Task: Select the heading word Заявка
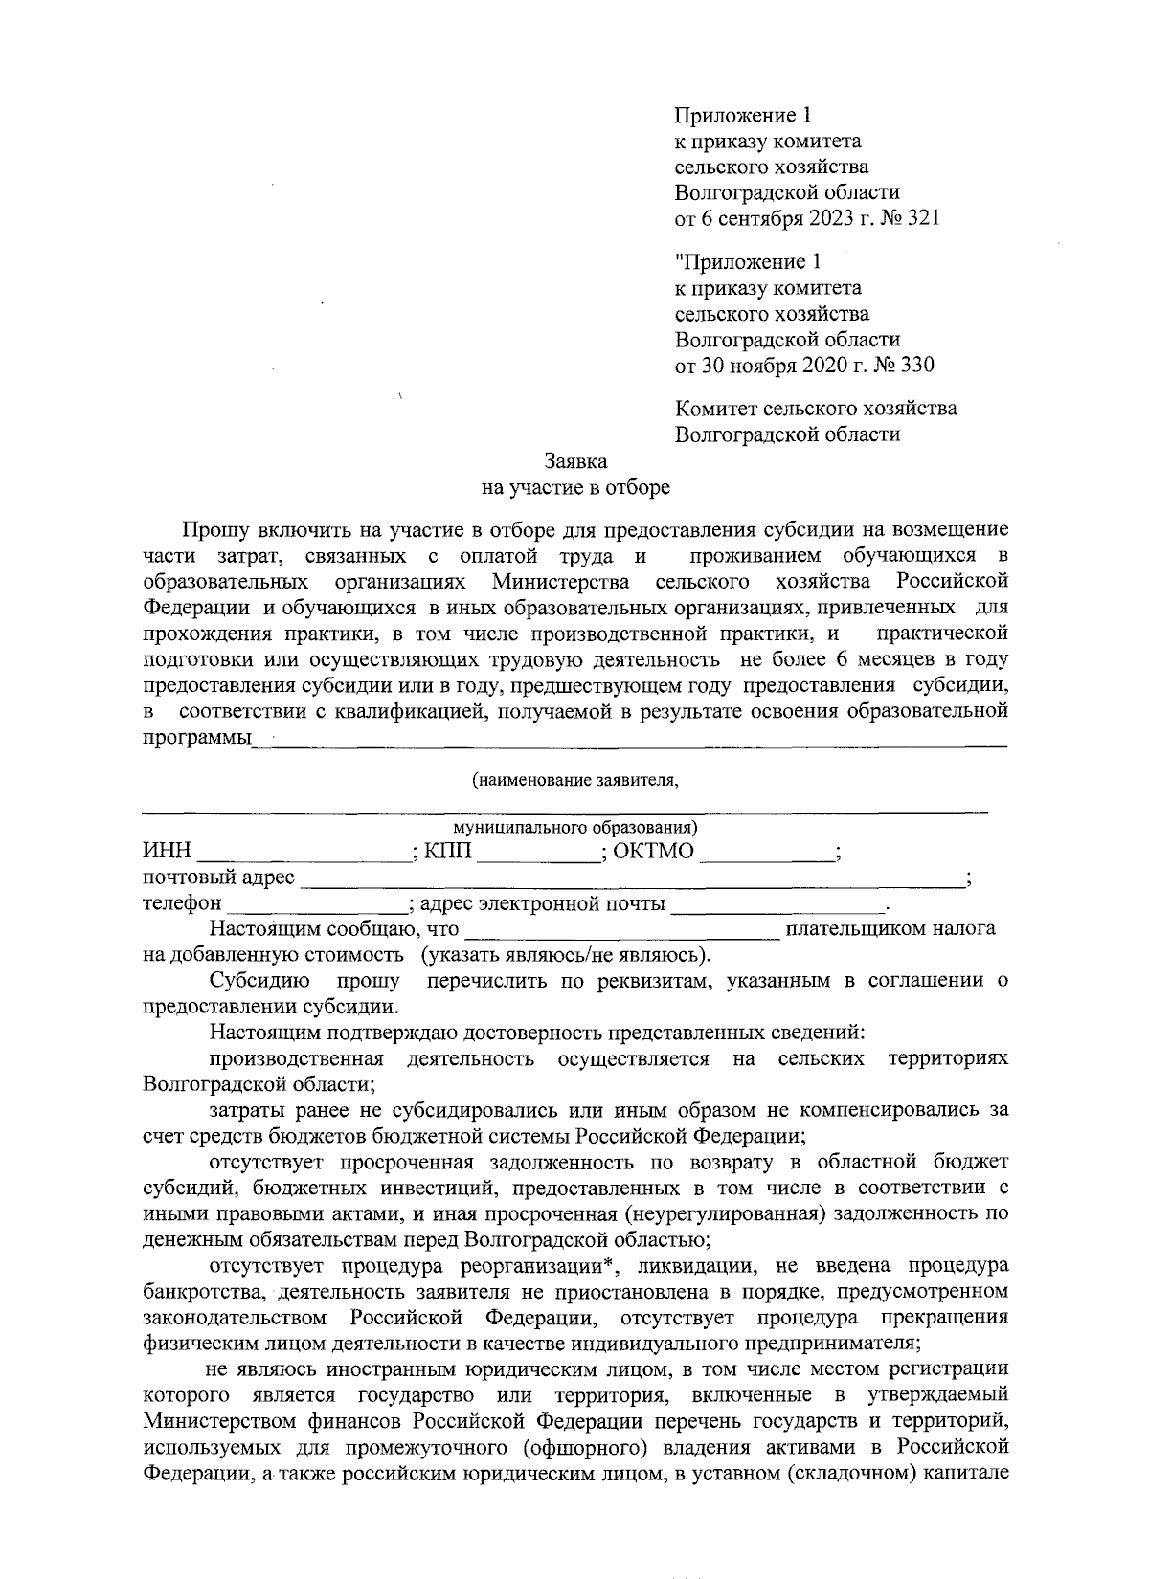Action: (575, 461)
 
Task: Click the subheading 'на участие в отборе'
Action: (575, 488)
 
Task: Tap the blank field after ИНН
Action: (304, 853)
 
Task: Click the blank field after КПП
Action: (538, 853)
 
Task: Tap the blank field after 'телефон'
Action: (318, 904)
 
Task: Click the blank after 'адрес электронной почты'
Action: (778, 904)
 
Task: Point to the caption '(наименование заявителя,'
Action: (575, 780)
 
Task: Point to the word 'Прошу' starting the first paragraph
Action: (210, 530)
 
